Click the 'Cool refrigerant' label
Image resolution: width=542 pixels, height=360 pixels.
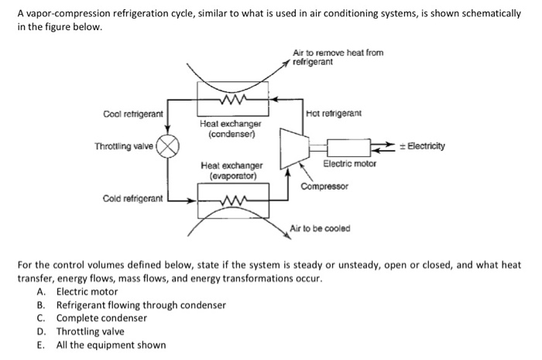132,114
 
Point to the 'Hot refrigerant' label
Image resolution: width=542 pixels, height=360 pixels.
334,114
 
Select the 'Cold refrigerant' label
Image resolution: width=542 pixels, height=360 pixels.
132,199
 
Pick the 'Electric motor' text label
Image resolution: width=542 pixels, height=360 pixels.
350,165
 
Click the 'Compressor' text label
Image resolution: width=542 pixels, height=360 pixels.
324,187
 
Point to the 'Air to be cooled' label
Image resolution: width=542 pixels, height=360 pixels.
320,228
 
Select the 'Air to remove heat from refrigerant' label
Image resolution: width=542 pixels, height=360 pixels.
338,57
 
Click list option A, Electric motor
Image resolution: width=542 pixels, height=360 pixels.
86,292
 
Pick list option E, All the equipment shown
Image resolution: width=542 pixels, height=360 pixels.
110,345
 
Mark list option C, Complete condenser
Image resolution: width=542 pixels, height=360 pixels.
101,318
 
